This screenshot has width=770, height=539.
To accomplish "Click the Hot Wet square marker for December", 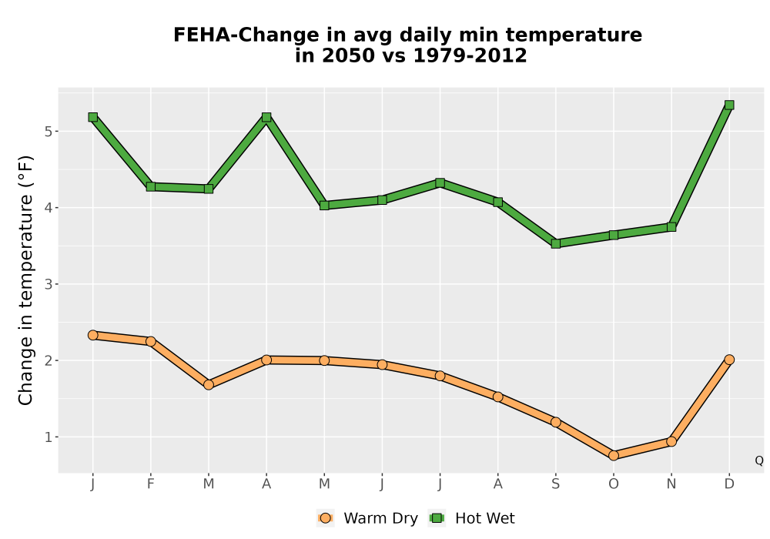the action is pos(729,105).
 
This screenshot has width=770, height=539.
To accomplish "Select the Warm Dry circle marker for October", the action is pos(614,456).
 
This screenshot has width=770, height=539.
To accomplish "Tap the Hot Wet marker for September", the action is pos(555,243).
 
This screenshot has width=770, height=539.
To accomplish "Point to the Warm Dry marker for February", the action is pos(151,341).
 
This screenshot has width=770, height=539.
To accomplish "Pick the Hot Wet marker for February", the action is pos(151,186).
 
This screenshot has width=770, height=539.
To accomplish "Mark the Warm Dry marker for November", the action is pos(671,441).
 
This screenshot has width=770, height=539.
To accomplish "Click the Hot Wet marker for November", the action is pos(671,227).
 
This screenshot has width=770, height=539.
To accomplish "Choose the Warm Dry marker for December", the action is pos(729,360).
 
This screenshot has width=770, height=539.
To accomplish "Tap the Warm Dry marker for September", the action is pos(555,422).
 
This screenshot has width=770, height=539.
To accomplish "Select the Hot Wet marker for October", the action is pos(614,235).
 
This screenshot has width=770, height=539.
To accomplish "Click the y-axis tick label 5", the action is pos(48,132).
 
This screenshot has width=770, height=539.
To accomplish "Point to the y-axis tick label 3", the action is pos(48,284).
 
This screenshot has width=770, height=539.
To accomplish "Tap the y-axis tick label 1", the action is pos(48,437).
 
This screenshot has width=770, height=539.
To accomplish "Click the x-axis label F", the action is pos(151,484).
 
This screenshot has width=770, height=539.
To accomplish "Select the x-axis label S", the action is pos(555,484).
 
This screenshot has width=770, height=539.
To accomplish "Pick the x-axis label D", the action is pos(729,484).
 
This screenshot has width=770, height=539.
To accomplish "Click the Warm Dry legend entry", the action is pos(367,518).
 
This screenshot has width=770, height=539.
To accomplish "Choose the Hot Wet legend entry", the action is pos(472,518).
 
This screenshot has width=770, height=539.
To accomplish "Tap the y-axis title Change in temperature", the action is pos(25,280).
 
